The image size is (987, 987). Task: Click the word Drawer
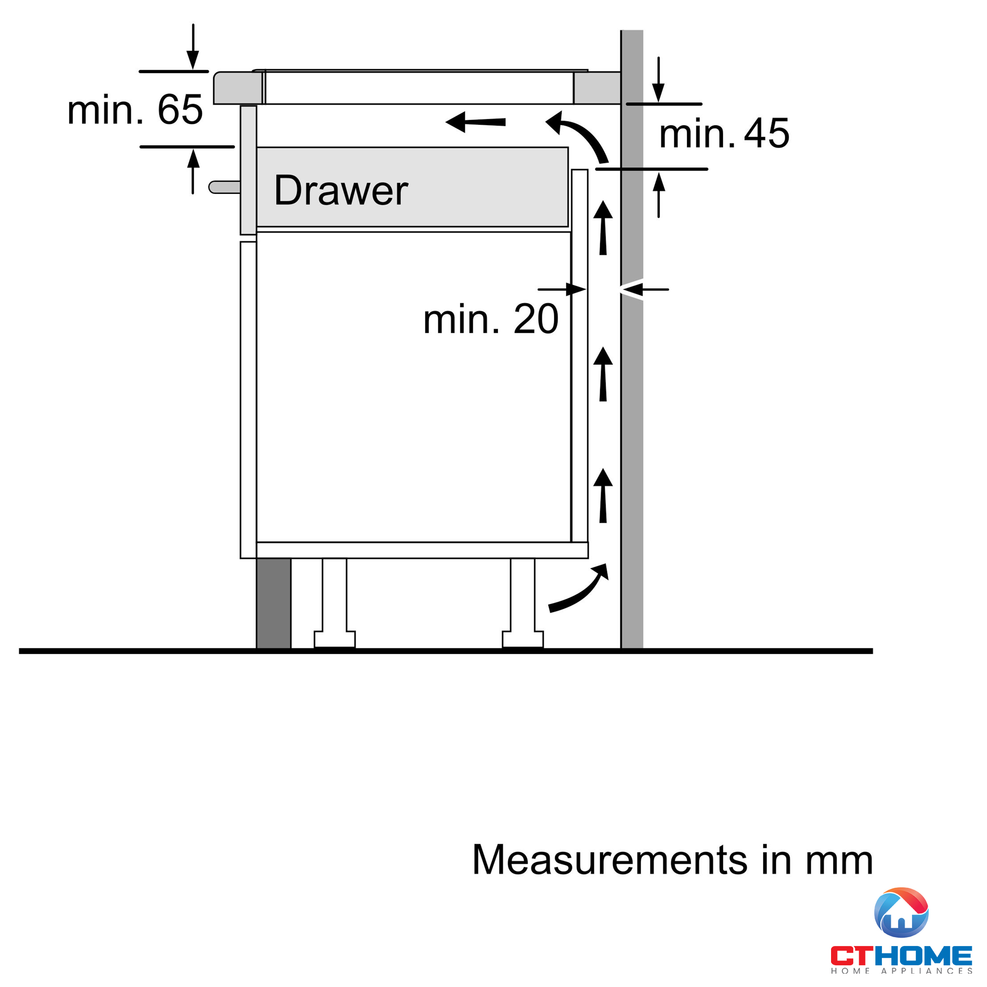(x=341, y=190)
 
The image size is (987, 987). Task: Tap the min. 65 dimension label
(x=135, y=110)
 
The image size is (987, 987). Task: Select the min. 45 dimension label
(x=724, y=133)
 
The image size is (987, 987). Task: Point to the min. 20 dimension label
(x=491, y=319)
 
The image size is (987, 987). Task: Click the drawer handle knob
(x=225, y=187)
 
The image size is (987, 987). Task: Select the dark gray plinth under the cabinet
(x=273, y=604)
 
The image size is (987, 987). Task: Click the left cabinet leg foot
(x=335, y=640)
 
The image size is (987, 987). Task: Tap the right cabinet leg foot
(x=523, y=640)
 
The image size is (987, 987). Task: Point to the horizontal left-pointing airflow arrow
(x=475, y=122)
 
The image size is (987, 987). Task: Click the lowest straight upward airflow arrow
(x=603, y=495)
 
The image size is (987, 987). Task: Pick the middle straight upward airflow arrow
(x=603, y=374)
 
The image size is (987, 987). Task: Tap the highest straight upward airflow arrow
(x=603, y=228)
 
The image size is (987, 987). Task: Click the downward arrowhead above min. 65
(x=192, y=60)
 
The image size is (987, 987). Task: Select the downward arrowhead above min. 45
(x=658, y=92)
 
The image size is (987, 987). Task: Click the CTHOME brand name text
(x=901, y=956)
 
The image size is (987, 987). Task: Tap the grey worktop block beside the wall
(x=597, y=88)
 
